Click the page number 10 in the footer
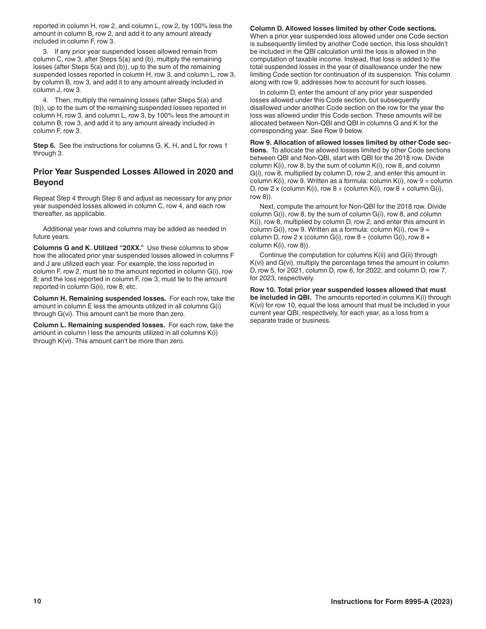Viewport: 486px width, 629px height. click(x=37, y=601)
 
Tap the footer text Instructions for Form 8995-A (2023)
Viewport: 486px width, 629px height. click(x=391, y=602)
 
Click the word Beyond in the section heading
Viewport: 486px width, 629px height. click(x=48, y=183)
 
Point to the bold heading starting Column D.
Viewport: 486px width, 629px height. click(x=343, y=29)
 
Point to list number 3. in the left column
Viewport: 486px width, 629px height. click(x=46, y=52)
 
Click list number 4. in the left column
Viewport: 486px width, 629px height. click(x=46, y=100)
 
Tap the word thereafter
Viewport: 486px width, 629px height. click(x=50, y=214)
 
